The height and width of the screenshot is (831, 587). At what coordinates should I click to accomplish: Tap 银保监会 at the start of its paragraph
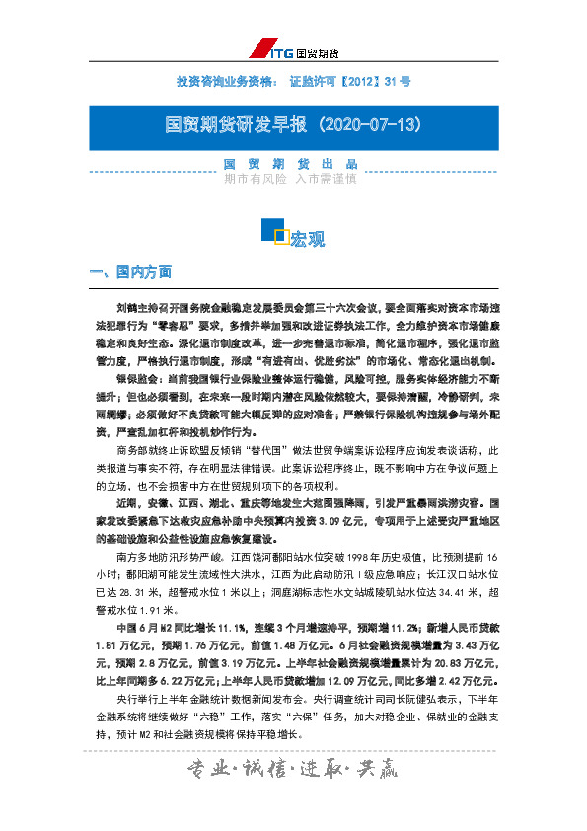131,378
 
